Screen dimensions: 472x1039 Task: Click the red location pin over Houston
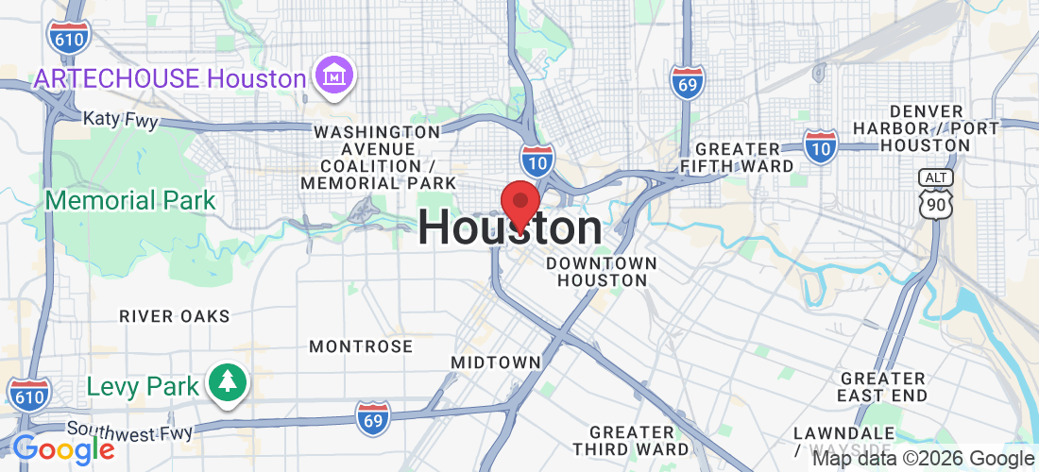click(519, 203)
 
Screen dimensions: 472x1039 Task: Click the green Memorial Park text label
click(130, 201)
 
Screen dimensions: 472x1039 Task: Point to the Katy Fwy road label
click(120, 120)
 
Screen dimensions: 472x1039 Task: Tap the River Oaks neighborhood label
click(175, 316)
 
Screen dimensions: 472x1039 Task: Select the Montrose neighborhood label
click(361, 346)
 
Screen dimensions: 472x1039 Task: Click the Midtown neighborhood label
click(496, 362)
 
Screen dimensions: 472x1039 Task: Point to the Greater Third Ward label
click(630, 441)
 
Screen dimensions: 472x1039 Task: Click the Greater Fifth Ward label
click(744, 158)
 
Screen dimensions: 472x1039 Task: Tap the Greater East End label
click(883, 387)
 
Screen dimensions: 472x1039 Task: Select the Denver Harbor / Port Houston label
click(911, 128)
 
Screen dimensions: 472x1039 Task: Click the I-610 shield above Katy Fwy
click(68, 34)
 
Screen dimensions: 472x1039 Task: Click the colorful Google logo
click(63, 449)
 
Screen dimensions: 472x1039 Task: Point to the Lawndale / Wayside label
click(843, 440)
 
